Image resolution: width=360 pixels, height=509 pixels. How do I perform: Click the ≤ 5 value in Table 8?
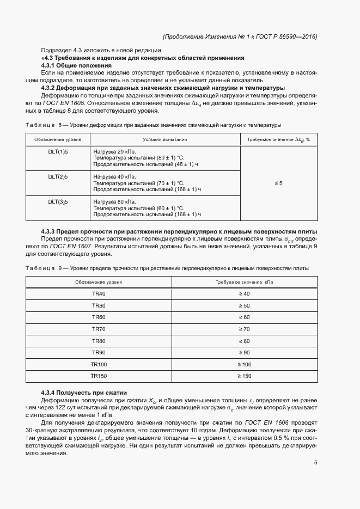pyautogui.click(x=278, y=183)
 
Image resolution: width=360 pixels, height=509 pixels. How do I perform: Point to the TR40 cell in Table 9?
pyautogui.click(x=99, y=294)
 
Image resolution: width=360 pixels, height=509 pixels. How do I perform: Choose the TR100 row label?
pyautogui.click(x=99, y=364)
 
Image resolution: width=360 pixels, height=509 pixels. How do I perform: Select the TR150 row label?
pyautogui.click(x=99, y=376)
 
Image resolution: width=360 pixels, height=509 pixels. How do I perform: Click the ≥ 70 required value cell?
pyautogui.click(x=243, y=329)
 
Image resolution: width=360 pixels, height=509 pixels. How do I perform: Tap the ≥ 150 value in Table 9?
pyautogui.click(x=243, y=376)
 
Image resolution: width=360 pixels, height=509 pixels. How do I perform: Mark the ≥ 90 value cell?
pyautogui.click(x=243, y=353)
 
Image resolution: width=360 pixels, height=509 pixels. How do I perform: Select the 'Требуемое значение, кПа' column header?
pyautogui.click(x=243, y=282)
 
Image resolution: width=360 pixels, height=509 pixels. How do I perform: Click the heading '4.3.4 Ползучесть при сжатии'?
pyautogui.click(x=84, y=393)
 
